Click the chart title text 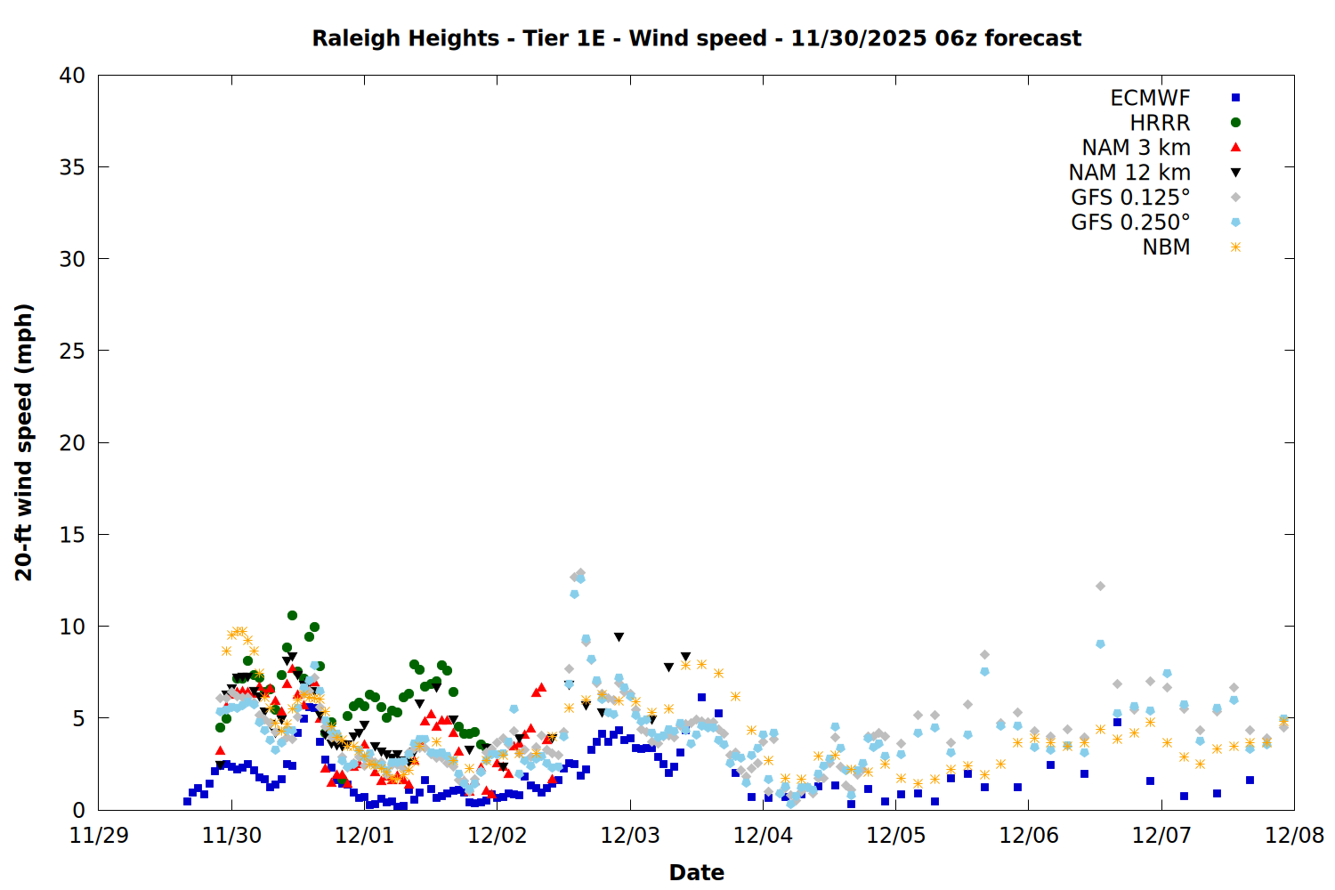696,38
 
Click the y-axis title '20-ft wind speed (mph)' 24,442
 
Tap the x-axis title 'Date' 696,872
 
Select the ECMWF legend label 1150,98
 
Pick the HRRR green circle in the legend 1235,123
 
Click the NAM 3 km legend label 1136,148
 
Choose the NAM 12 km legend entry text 1129,173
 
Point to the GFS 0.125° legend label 1130,198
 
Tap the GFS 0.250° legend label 1130,222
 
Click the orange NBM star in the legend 1235,247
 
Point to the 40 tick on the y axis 72,76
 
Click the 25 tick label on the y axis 72,351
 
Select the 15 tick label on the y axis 72,535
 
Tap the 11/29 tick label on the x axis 98,836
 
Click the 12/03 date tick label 630,836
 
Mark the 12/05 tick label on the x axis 895,836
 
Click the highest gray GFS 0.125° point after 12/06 1100,586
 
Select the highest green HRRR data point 292,615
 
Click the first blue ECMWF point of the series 187,801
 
